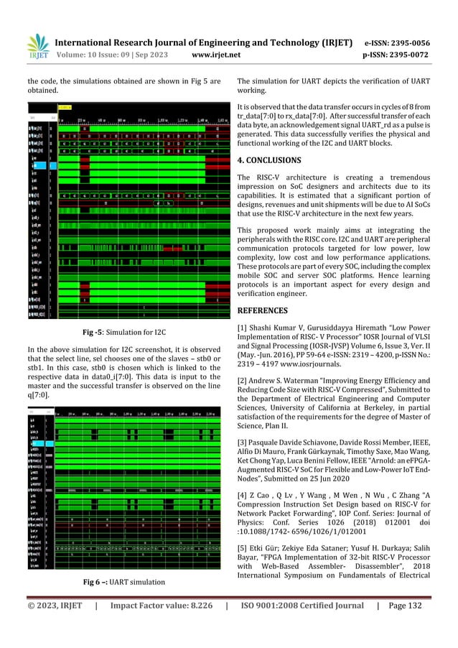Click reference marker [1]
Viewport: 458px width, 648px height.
point(243,328)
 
